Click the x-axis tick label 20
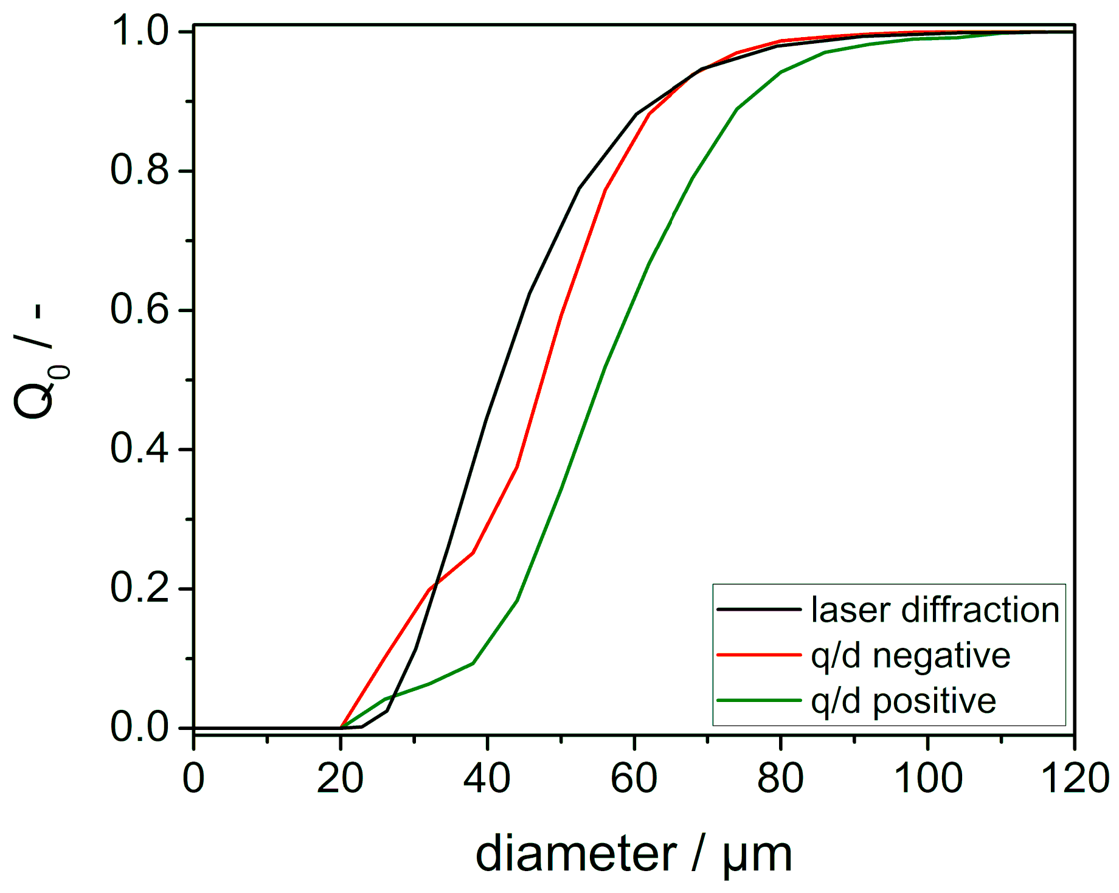(340, 778)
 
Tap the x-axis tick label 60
(634, 778)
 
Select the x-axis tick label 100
(927, 778)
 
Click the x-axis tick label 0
(193, 778)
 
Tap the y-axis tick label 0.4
(139, 449)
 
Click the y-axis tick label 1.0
(139, 31)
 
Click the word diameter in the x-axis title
(575, 854)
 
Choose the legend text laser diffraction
(935, 610)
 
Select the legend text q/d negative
(910, 656)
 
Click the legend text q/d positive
(903, 701)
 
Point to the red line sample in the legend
(758, 655)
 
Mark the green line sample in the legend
(758, 701)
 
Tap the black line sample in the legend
(758, 609)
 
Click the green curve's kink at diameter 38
(473, 663)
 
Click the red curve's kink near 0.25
(473, 553)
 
